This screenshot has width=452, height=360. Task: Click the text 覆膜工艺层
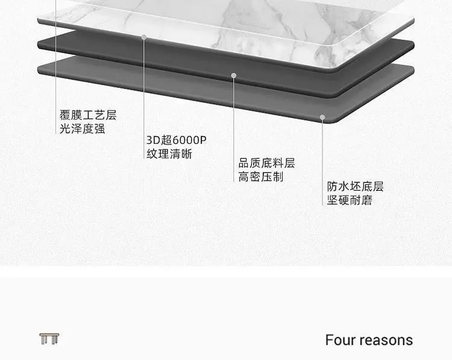click(88, 115)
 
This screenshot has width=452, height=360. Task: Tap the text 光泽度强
click(83, 129)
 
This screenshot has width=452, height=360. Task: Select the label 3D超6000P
click(177, 140)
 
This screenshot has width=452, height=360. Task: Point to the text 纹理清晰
click(169, 154)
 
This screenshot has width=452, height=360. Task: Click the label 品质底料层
click(266, 163)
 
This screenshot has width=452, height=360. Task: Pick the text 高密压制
click(261, 177)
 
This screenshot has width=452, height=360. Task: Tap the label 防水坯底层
click(356, 187)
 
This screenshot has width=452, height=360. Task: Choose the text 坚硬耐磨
click(350, 200)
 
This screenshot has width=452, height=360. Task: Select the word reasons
click(386, 341)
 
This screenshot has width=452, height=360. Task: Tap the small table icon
click(49, 339)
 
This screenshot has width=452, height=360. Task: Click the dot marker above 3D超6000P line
click(144, 37)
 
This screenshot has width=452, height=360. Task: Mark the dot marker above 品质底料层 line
click(234, 75)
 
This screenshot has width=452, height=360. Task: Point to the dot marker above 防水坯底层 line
click(322, 117)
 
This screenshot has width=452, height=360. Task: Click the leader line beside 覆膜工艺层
click(55, 67)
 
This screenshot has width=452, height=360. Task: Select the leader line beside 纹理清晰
click(144, 99)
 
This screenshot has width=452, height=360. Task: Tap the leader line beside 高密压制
click(234, 130)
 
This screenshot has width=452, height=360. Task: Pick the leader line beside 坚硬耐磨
click(322, 163)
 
